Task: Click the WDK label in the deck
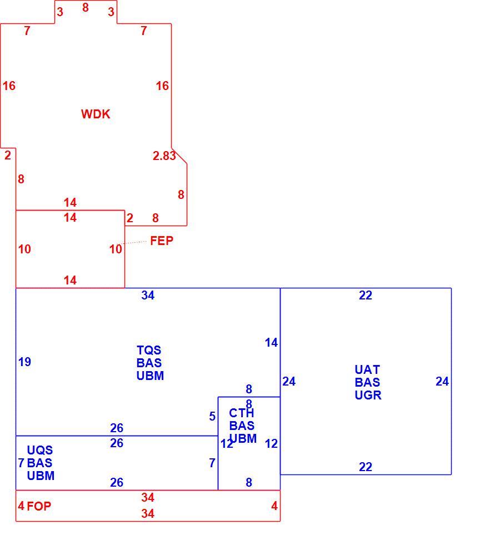(96, 114)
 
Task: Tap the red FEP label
(162, 241)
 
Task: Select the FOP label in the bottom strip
(39, 506)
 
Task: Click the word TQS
(149, 350)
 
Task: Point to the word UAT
(367, 369)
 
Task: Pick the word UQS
(39, 450)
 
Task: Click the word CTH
(241, 413)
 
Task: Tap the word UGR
(368, 396)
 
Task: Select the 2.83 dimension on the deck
(164, 156)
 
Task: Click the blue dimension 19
(24, 362)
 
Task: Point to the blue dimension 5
(212, 416)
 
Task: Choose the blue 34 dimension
(148, 296)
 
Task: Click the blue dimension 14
(271, 342)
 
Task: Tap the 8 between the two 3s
(85, 7)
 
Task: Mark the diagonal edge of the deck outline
(179, 156)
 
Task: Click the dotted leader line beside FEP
(134, 243)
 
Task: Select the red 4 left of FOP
(22, 506)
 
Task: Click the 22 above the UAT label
(366, 296)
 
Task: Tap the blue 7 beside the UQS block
(22, 463)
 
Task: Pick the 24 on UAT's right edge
(442, 381)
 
